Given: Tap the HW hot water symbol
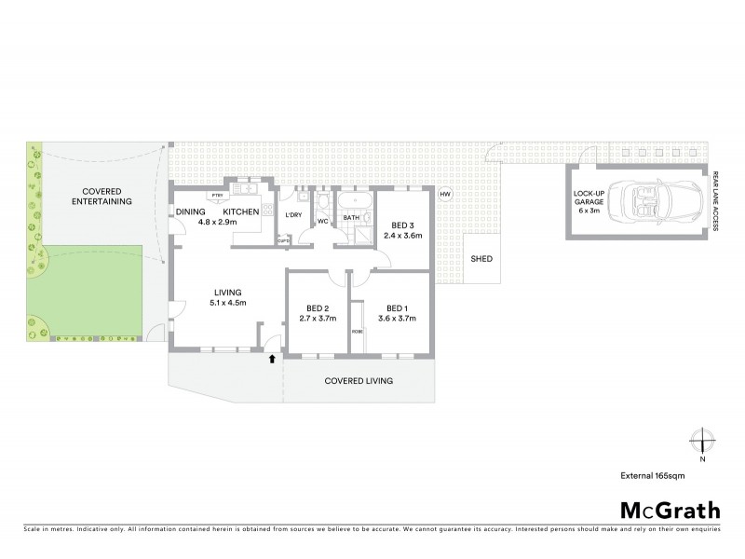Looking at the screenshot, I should point(445,194).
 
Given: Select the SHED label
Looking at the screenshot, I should point(481,259).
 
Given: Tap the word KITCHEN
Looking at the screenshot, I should point(240,212).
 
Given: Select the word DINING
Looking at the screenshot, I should point(190,212).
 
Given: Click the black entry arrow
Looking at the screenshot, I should point(271,358).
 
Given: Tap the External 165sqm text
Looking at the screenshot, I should point(659,475).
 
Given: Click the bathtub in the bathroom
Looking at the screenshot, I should point(354,200).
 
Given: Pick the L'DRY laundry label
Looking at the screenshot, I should point(292,216).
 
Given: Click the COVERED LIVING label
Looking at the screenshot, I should point(359,381).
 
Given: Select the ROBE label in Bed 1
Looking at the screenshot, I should point(357,332).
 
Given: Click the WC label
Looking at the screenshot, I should point(322,222).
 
